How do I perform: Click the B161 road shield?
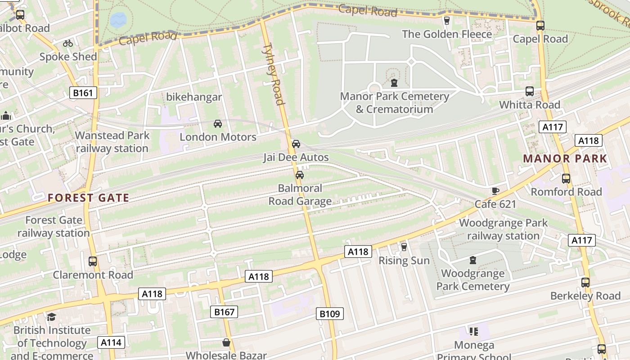point(83,93)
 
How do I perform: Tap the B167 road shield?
point(224,312)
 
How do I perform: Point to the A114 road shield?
point(111,343)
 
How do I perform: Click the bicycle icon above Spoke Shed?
point(68,44)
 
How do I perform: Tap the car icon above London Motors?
point(218,124)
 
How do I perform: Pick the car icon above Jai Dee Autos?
point(296,144)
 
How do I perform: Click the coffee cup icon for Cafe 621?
point(495,191)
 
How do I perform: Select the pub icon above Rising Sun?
point(404,247)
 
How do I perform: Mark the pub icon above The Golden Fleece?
point(447,20)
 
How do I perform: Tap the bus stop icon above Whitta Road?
point(530,91)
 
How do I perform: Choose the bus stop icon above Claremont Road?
point(93,261)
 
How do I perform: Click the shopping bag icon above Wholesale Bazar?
point(226,342)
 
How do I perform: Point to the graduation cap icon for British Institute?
point(52,317)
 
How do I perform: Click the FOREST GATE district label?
point(89,198)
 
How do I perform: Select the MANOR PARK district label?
point(565,159)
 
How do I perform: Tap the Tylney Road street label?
point(274,73)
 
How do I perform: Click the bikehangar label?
point(194,97)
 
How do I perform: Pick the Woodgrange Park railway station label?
point(503,229)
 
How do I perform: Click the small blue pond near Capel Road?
point(118,20)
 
